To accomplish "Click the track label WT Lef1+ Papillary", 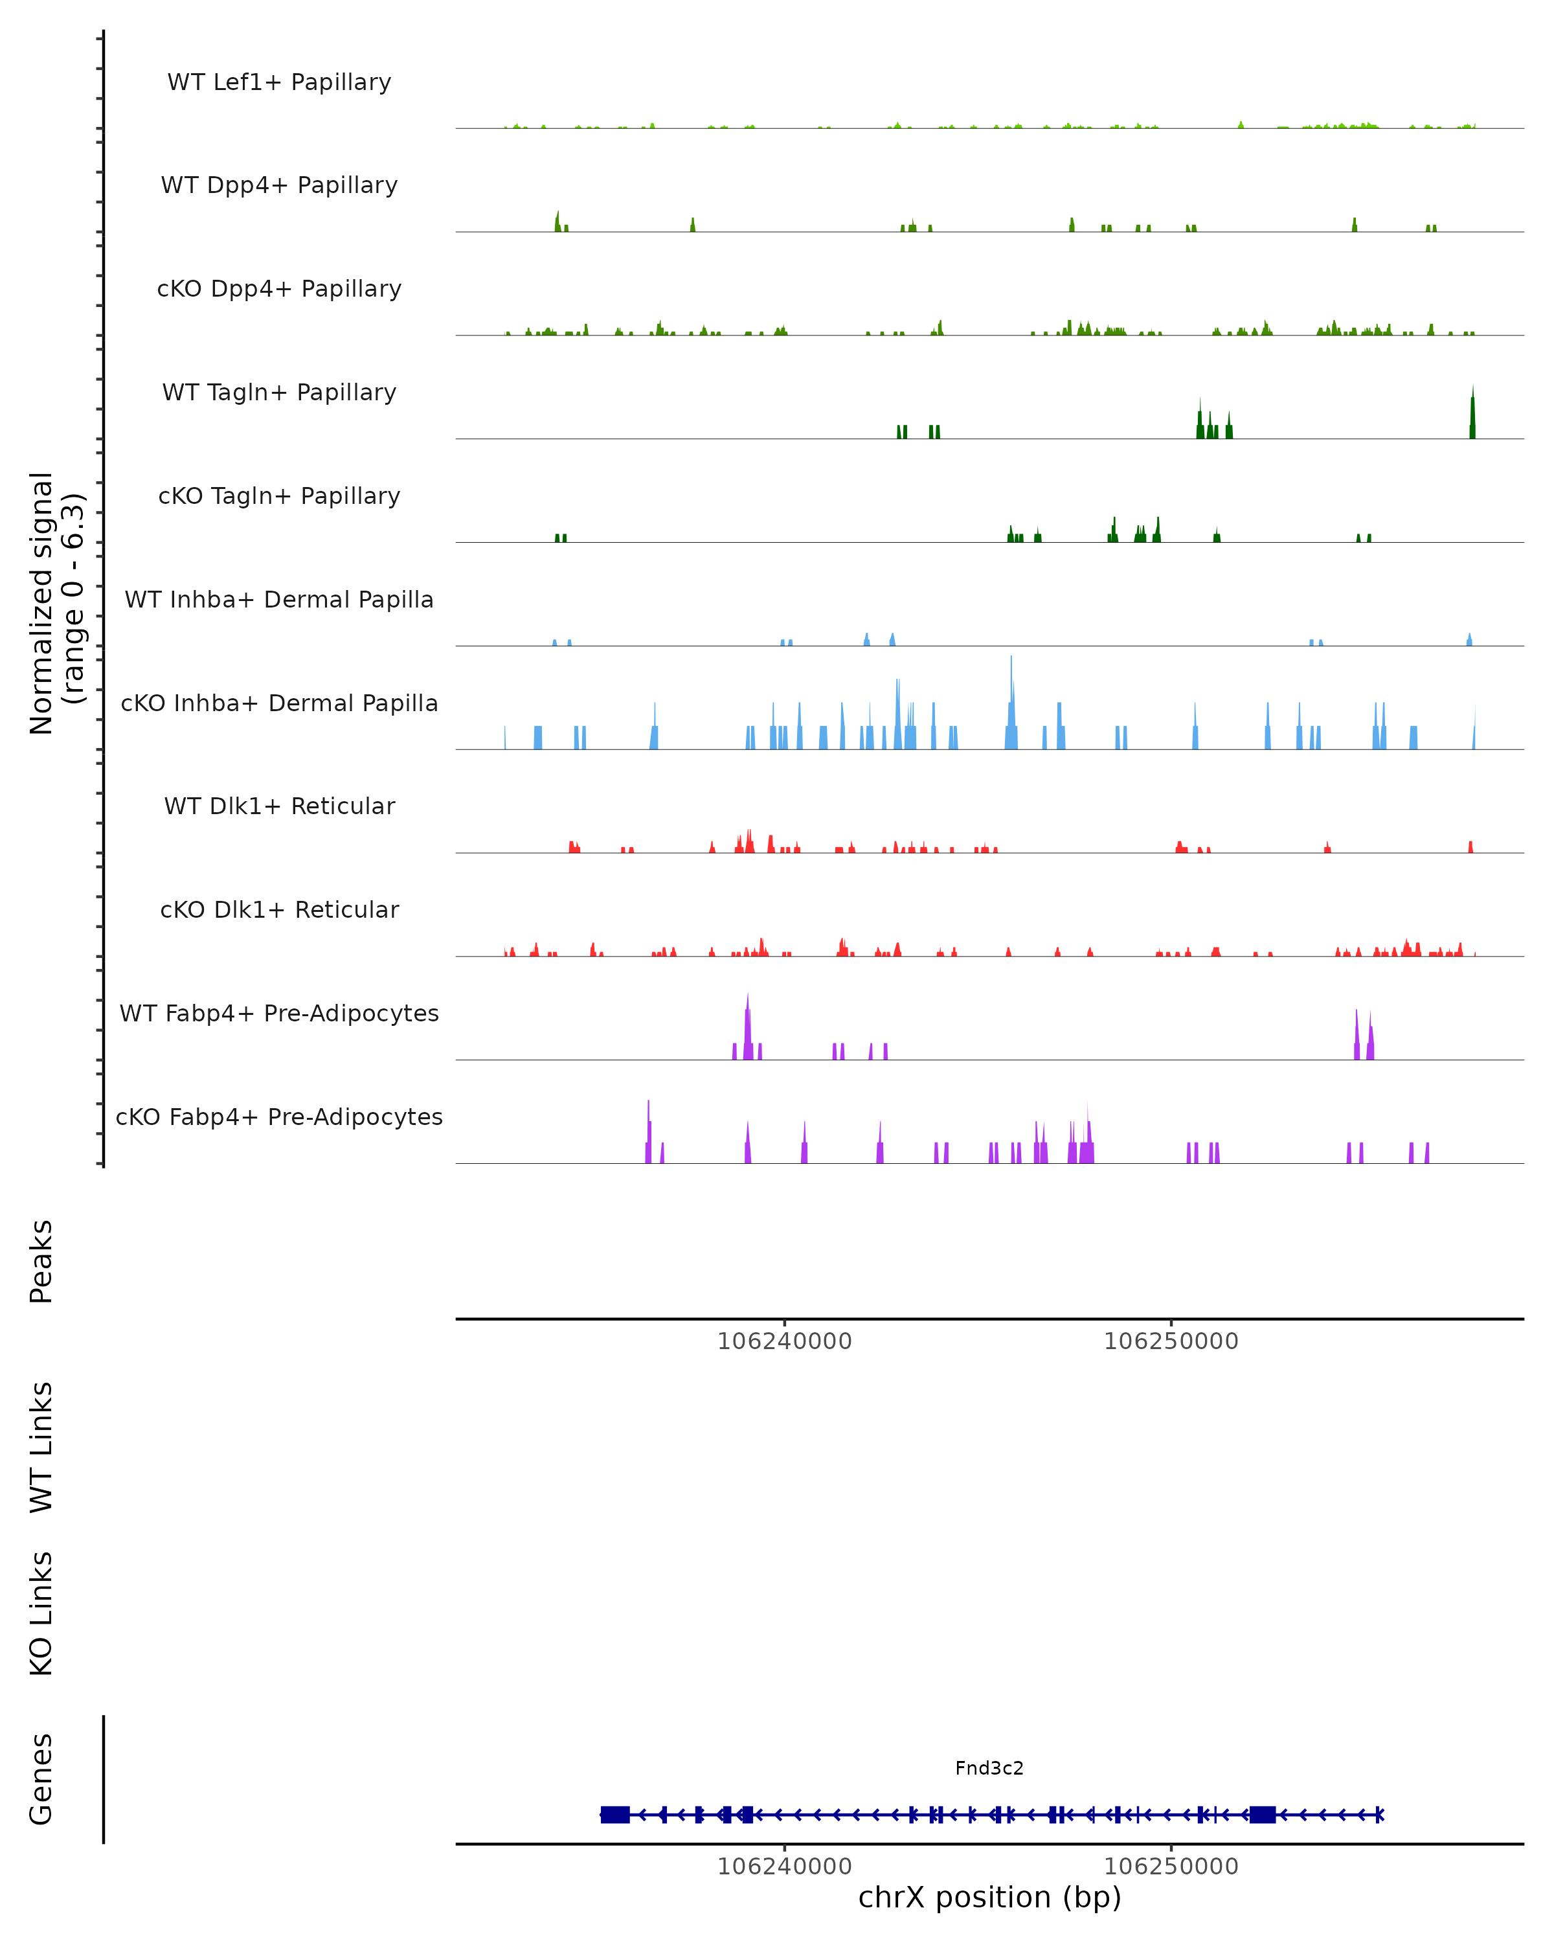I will [279, 82].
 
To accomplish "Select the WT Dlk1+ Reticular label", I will [279, 806].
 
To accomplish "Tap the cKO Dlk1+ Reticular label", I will [279, 909].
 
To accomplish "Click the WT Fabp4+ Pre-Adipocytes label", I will [279, 1013].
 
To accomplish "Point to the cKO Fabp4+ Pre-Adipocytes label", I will [279, 1117].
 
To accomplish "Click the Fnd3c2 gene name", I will [989, 1768].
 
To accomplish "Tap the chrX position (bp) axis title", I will [989, 1897].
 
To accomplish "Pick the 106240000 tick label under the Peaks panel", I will [783, 1341].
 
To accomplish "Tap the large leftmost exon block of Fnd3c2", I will [615, 1814].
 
